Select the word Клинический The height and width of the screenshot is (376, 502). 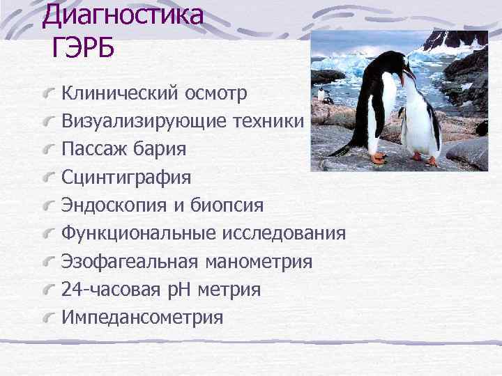tap(119, 93)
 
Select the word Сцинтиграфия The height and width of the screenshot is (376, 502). tap(125, 178)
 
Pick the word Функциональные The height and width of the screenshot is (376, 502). tap(141, 234)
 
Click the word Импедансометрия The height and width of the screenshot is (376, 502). tap(142, 318)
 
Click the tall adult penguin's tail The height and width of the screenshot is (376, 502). tap(342, 150)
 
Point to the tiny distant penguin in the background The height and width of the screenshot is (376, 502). tap(321, 95)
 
